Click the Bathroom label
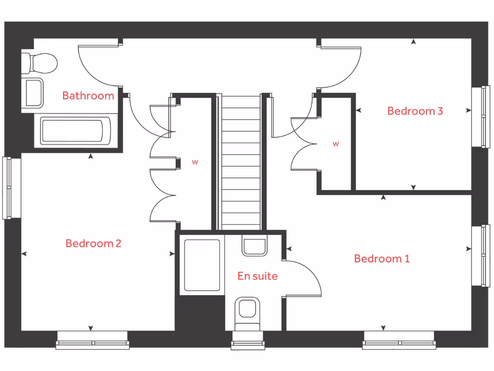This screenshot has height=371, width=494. point(88,96)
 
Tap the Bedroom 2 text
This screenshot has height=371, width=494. point(93,243)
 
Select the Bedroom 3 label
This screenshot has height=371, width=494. point(415,111)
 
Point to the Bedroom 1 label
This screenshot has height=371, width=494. point(382,259)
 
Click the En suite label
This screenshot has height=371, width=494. point(257,276)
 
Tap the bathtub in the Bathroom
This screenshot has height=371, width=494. point(72,131)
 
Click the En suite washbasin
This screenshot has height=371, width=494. point(254,247)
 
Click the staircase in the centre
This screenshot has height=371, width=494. point(241,162)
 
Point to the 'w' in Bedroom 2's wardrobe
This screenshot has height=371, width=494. point(195,162)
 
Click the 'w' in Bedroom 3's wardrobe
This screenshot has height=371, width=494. point(336,143)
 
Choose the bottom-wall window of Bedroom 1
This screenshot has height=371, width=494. point(399,341)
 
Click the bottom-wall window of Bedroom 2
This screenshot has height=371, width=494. point(93,341)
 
